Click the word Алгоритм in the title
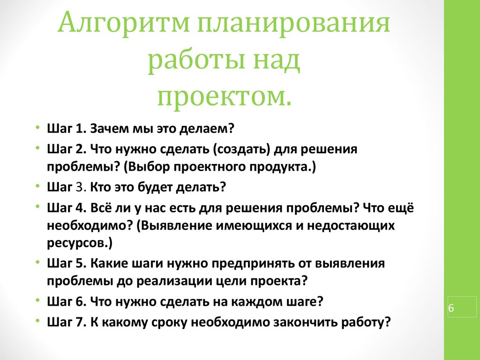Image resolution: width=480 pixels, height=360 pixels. coord(123,23)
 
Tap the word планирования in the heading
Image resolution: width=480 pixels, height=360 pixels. coord(293,24)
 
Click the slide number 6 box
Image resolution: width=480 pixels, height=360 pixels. coord(462,307)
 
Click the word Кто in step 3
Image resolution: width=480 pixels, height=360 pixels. coord(100,187)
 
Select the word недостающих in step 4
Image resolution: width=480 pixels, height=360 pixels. coord(351,226)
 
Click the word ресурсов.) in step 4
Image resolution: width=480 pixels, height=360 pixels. coord(80,243)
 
